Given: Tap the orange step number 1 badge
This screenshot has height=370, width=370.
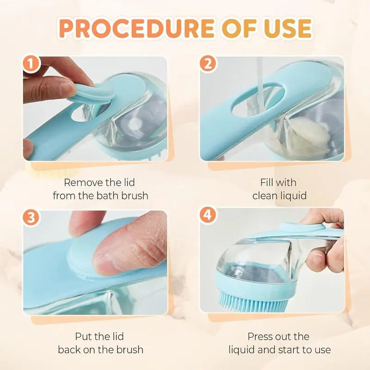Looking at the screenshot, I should [31, 65].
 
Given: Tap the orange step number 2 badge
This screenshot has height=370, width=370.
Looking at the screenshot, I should [208, 65].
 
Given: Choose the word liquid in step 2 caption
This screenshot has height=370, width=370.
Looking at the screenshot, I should [292, 196].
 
